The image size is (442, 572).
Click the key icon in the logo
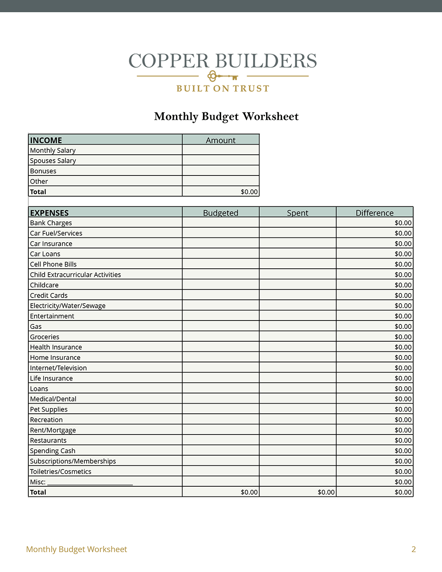(222, 76)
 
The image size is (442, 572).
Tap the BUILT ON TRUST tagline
(223, 88)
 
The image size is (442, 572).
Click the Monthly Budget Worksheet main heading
(226, 116)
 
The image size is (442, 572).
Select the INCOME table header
(46, 140)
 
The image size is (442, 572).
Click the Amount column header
(221, 140)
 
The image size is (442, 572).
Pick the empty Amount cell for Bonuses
(221, 171)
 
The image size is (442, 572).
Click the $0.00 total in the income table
(249, 192)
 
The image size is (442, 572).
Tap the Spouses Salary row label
(53, 160)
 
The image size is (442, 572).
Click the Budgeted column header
(221, 213)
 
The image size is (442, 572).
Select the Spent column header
(297, 213)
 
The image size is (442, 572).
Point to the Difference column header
(374, 213)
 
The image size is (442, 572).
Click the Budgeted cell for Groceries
(221, 337)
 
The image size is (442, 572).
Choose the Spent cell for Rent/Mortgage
(297, 430)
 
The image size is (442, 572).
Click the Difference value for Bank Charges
(403, 223)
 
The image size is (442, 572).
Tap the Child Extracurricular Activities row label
(76, 275)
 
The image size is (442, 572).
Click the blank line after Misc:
(90, 482)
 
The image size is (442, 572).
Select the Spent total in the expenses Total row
(326, 492)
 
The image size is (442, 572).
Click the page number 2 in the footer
(414, 549)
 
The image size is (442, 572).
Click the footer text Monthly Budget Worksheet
(76, 549)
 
